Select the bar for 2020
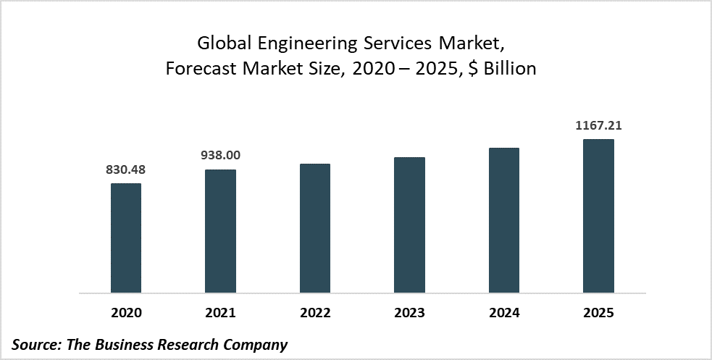click(126, 238)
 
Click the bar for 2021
click(220, 232)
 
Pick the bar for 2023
click(409, 225)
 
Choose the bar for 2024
click(504, 221)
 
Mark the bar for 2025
click(598, 217)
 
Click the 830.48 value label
click(126, 169)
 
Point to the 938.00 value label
click(220, 155)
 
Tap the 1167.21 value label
click(598, 125)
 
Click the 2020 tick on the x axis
click(126, 313)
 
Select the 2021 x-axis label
click(220, 313)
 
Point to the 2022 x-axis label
click(315, 313)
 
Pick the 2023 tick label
click(409, 313)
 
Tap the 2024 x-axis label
click(504, 313)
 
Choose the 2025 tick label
click(598, 313)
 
